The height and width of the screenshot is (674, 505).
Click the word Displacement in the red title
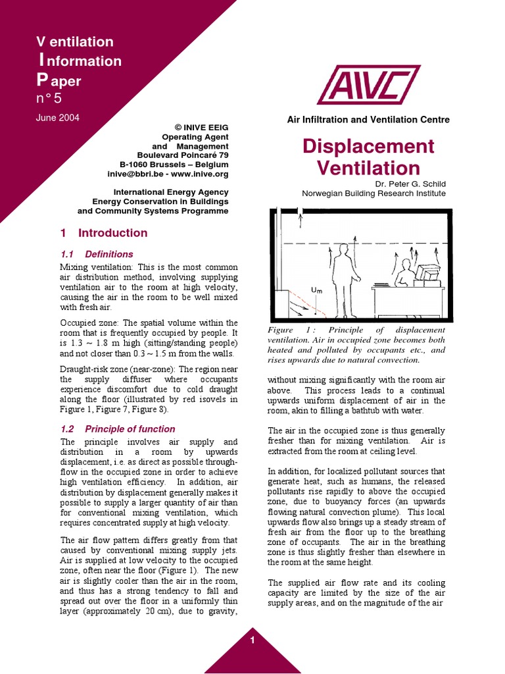(368, 146)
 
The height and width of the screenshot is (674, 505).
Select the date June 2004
(57, 118)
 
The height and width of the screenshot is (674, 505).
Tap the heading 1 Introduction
(104, 233)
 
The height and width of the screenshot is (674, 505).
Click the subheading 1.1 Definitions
(97, 254)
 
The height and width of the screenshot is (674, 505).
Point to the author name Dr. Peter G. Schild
(406, 184)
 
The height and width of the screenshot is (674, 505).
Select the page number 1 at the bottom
(252, 642)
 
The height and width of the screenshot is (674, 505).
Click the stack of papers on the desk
(381, 284)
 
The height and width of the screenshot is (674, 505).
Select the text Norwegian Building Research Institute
(373, 194)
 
